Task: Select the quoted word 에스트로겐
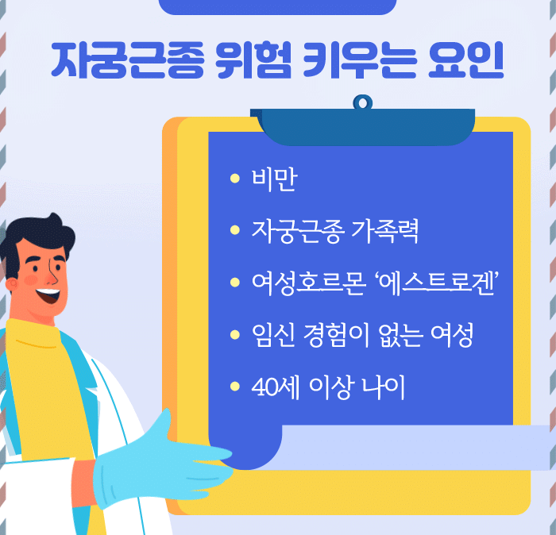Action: pyautogui.click(x=434, y=283)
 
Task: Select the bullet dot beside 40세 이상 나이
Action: pyautogui.click(x=234, y=388)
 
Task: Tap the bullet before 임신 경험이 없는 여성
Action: pyautogui.click(x=234, y=336)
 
